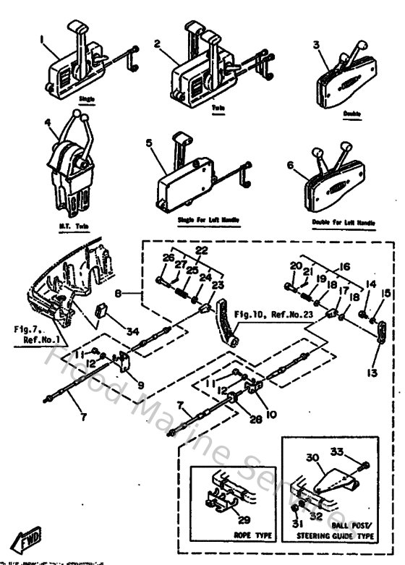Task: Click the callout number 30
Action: pyautogui.click(x=311, y=457)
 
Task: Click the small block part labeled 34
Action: pyautogui.click(x=102, y=314)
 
